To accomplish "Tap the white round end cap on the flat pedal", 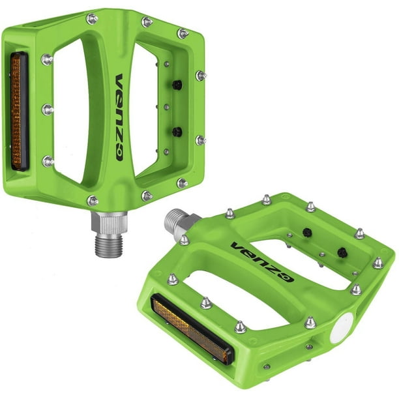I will [x=342, y=327].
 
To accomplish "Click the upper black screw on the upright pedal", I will [x=177, y=85].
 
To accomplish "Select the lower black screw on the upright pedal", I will [x=177, y=132].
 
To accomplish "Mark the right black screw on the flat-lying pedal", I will [x=341, y=253].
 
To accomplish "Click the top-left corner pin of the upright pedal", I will [x=92, y=19].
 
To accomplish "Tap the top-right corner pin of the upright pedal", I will [x=183, y=33].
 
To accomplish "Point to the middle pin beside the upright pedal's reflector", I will [x=47, y=109].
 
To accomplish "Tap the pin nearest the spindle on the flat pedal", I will [x=185, y=239].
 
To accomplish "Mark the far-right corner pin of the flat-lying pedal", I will [x=377, y=263].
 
